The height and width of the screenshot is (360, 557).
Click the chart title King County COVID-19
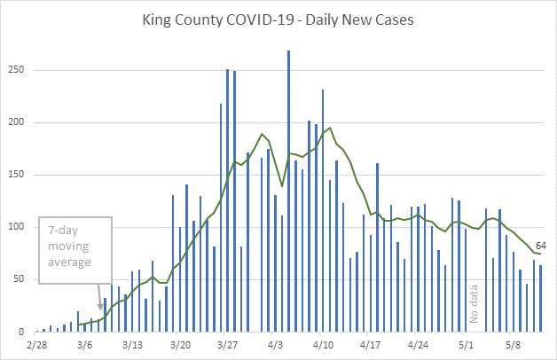click(278, 17)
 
